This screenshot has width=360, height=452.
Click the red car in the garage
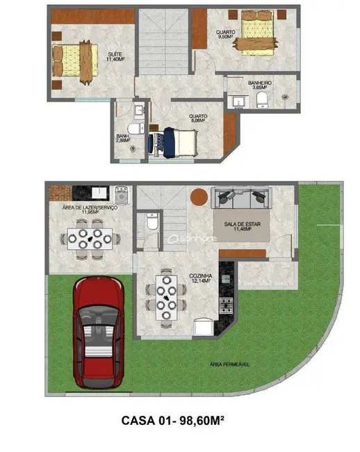click(98, 333)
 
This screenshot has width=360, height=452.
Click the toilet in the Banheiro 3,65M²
click(262, 102)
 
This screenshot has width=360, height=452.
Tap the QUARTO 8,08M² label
click(199, 120)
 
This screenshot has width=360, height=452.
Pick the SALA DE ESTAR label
click(240, 225)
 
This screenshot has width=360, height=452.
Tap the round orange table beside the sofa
click(199, 196)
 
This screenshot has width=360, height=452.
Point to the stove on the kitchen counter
click(226, 304)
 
